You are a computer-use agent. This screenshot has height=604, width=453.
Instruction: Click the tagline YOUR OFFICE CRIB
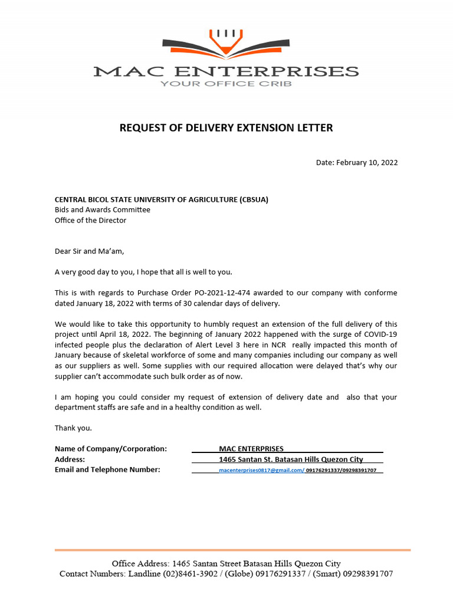coord(226,84)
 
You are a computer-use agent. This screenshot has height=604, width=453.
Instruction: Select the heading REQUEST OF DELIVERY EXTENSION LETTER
coord(226,127)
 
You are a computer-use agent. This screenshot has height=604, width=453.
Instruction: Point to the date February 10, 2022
coord(366,162)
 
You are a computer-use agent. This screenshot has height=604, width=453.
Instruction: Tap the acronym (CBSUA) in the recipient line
coord(254,199)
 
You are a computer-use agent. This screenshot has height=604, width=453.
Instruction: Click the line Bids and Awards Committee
coord(103,210)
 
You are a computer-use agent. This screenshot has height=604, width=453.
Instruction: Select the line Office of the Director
coord(90,221)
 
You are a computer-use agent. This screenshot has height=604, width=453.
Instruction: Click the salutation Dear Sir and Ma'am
coord(90,251)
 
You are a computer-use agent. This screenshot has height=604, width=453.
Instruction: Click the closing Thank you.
coord(73,428)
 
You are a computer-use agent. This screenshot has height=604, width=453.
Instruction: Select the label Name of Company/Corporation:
coord(111,449)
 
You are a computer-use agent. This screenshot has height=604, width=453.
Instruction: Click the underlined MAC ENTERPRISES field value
coord(251,449)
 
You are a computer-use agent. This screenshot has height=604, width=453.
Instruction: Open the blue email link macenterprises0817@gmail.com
coord(261,470)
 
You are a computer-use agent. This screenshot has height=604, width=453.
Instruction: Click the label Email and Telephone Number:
coord(107,470)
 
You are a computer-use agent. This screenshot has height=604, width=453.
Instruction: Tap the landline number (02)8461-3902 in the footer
coord(191,574)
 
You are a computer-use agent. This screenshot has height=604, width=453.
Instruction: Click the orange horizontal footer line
coord(232,550)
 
